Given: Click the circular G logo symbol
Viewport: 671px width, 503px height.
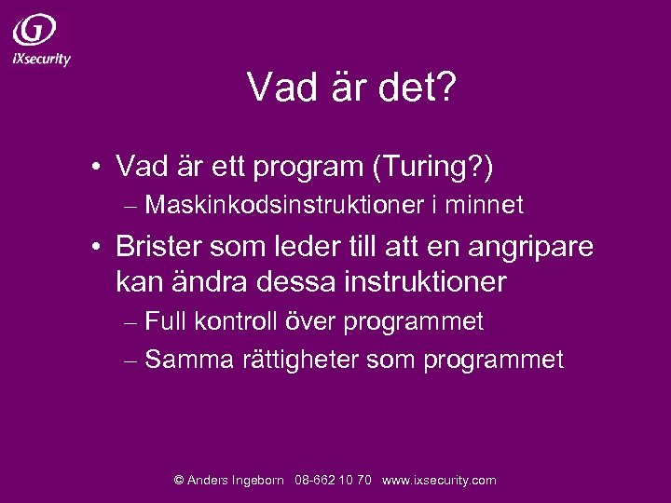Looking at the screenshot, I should (34, 30).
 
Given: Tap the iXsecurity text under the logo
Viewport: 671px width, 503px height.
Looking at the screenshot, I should (41, 59).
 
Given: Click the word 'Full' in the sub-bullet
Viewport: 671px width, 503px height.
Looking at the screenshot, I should (166, 322).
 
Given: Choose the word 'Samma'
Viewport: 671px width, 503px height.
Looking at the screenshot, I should (189, 360).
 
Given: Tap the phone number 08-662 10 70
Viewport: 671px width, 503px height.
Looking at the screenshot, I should (333, 481).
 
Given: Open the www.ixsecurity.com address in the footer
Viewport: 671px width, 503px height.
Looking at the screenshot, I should (439, 481).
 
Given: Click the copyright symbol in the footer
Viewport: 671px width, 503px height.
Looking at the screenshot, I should (179, 481).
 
